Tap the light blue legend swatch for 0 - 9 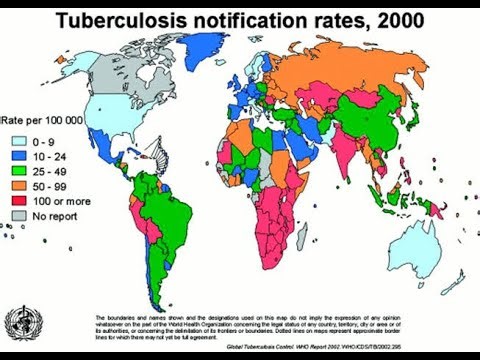tap(19, 142)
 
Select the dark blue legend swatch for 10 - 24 tap(19, 156)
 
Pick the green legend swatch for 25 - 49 tap(19, 171)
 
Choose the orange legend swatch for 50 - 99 tap(19, 185)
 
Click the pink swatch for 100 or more tap(19, 200)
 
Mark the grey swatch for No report tap(19, 215)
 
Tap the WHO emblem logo tap(22, 322)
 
